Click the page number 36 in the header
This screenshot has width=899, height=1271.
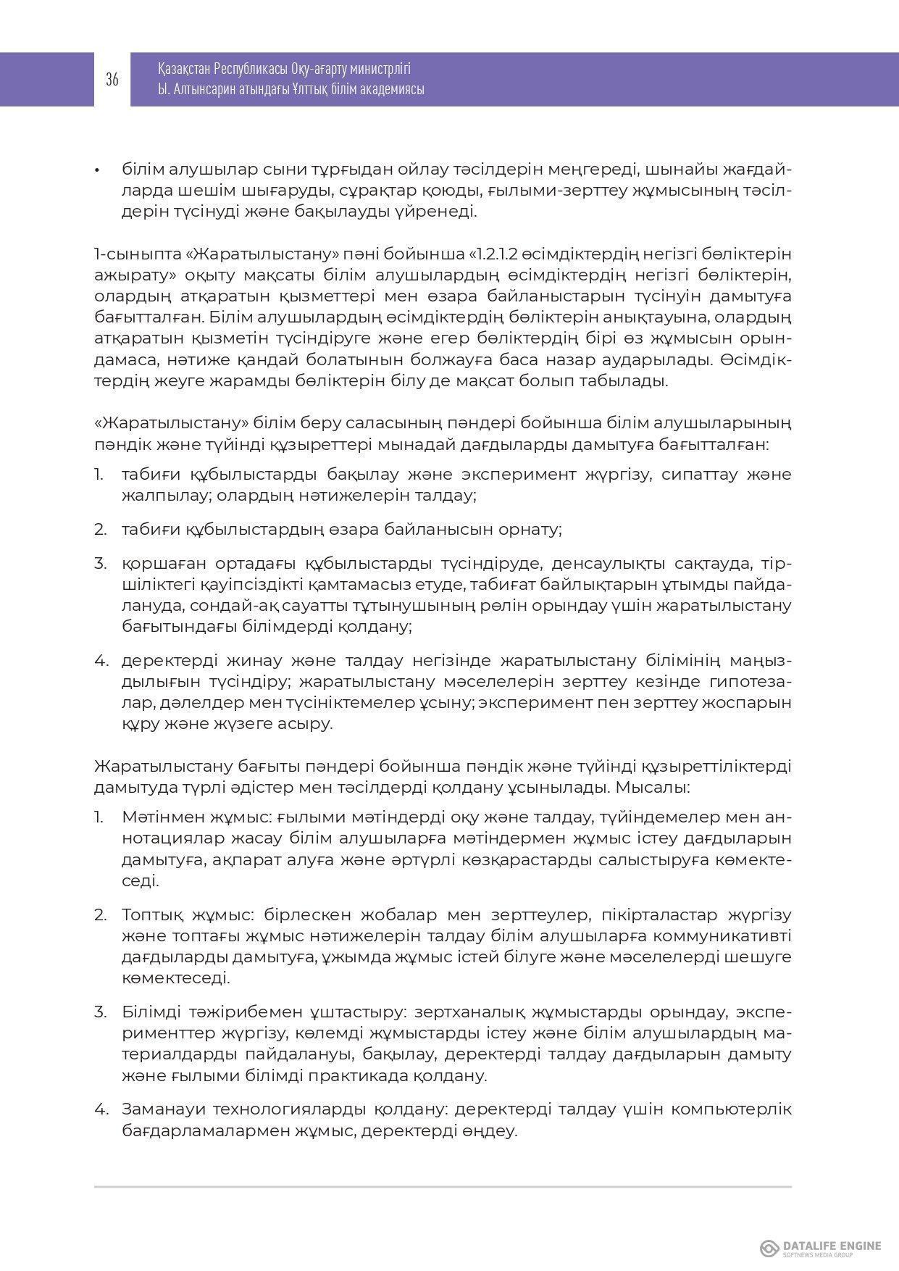pyautogui.click(x=112, y=80)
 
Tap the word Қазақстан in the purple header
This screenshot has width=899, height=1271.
pyautogui.click(x=185, y=70)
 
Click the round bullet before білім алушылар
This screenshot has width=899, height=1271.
pyautogui.click(x=96, y=170)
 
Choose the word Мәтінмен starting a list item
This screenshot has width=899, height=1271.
pyautogui.click(x=157, y=817)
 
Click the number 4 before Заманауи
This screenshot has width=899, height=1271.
pyautogui.click(x=100, y=1109)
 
